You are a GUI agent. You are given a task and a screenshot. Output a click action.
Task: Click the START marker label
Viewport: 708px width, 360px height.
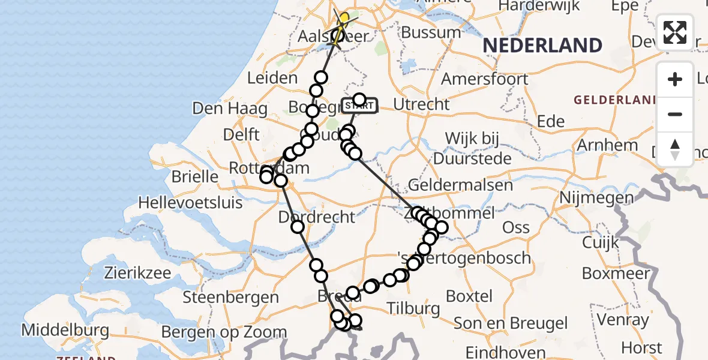coord(359,106)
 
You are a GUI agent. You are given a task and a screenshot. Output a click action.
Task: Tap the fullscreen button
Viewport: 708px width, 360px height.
coord(675,32)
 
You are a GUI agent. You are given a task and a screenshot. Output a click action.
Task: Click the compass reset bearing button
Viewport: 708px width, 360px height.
coord(675,149)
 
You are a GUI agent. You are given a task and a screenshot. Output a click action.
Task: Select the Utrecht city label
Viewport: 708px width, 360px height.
coord(421,104)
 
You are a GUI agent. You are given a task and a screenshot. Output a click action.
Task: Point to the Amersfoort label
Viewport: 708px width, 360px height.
coord(485,79)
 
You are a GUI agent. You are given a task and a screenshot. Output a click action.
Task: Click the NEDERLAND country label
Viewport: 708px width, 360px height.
coord(542,46)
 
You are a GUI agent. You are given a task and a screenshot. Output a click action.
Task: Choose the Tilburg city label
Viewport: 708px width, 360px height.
coord(413,309)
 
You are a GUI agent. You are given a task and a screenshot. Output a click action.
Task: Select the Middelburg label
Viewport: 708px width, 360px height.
coord(65,330)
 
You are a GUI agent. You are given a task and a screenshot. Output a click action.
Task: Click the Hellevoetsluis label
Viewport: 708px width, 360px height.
coord(190,203)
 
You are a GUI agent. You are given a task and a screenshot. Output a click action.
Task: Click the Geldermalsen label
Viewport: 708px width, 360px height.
coord(461,185)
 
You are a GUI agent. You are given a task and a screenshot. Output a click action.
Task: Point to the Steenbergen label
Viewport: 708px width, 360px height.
coord(230,297)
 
